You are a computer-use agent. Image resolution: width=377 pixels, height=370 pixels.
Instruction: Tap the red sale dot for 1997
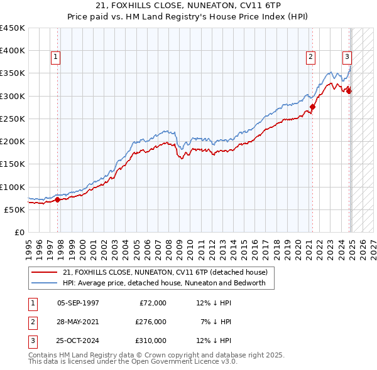click(x=57, y=200)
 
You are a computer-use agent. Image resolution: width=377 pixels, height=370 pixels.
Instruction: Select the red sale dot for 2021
click(x=312, y=107)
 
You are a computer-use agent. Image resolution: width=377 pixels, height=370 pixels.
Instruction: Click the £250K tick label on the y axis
click(x=13, y=119)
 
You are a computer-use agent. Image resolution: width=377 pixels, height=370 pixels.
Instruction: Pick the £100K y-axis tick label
click(x=13, y=187)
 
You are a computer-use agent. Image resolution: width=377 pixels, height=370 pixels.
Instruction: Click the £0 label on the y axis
click(x=19, y=233)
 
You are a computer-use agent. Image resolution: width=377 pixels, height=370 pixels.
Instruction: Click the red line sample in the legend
click(x=45, y=272)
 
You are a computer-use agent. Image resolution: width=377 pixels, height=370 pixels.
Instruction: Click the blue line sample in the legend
click(x=45, y=283)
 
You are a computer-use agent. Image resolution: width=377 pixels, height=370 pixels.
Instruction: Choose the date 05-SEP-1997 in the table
click(x=78, y=303)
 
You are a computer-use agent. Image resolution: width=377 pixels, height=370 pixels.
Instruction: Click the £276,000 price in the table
click(x=151, y=322)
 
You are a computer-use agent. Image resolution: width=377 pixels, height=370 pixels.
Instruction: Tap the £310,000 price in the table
click(x=151, y=341)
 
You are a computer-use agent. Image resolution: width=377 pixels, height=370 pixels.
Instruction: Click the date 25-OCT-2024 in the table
click(x=78, y=341)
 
